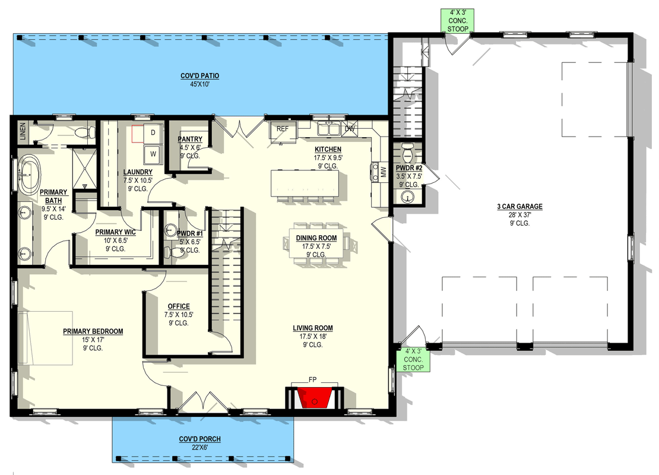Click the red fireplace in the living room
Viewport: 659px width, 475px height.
point(314,398)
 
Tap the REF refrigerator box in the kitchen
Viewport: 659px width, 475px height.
point(283,129)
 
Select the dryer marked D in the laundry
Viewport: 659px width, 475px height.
point(153,133)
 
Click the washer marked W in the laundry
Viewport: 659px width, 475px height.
point(153,154)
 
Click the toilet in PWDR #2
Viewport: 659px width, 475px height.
point(408,153)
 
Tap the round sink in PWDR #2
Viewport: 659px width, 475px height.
point(407,197)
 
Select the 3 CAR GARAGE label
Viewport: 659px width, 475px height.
point(520,207)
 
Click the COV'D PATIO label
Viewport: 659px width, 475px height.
point(199,76)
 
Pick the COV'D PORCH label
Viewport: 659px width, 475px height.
point(199,439)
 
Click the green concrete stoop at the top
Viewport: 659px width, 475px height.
point(458,21)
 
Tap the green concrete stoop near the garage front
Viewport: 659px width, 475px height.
point(413,359)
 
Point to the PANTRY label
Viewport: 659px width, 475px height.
point(190,139)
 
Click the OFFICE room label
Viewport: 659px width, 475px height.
point(179,306)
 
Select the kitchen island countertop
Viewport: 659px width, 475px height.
point(305,183)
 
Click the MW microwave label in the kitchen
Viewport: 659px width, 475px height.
point(383,172)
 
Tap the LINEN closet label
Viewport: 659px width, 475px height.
point(23,131)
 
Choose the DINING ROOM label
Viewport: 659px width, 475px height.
point(316,238)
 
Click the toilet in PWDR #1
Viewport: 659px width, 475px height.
point(171,252)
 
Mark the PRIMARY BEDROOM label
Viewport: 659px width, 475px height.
point(93,331)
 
